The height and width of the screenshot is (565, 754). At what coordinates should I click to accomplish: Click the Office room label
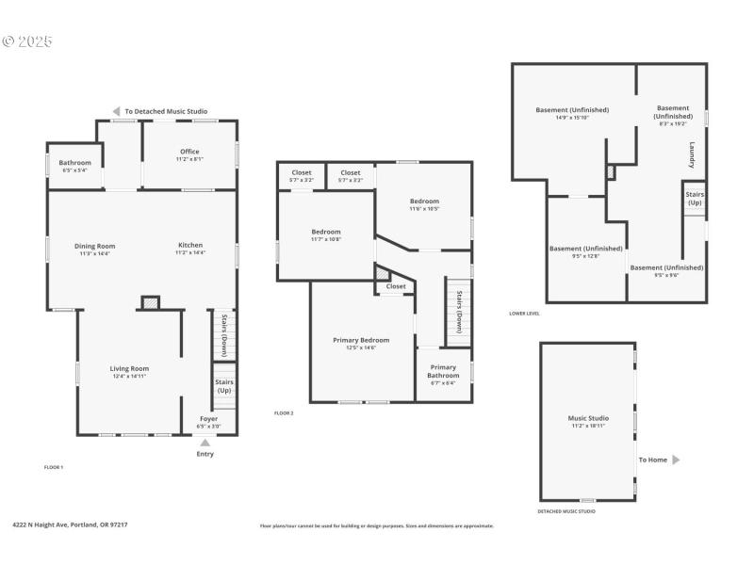pyautogui.click(x=189, y=152)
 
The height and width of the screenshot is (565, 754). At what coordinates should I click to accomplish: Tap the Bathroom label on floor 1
pyautogui.click(x=75, y=163)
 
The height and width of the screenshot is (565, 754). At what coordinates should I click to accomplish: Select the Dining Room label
pyautogui.click(x=94, y=247)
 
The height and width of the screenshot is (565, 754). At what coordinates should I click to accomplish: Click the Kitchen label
pyautogui.click(x=189, y=247)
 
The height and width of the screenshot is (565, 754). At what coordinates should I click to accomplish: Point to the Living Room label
pyautogui.click(x=129, y=369)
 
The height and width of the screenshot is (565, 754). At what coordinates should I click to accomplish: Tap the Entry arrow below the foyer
pyautogui.click(x=205, y=443)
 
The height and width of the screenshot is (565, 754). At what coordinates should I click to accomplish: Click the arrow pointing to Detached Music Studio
pyautogui.click(x=117, y=110)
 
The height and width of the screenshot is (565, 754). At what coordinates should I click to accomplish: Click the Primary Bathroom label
pyautogui.click(x=443, y=371)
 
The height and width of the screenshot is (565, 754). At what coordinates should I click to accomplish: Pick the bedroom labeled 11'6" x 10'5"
pyautogui.click(x=424, y=202)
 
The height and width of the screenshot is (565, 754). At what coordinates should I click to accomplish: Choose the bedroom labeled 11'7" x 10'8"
pyautogui.click(x=326, y=232)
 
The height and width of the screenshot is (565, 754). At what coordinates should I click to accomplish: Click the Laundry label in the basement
pyautogui.click(x=692, y=155)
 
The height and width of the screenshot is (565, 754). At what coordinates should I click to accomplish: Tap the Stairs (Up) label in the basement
pyautogui.click(x=695, y=199)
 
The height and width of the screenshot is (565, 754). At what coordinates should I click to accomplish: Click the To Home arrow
pyautogui.click(x=675, y=460)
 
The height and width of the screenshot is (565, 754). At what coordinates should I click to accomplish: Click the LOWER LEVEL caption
pyautogui.click(x=524, y=314)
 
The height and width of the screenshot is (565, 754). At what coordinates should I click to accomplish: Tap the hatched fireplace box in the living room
pyautogui.click(x=149, y=302)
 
